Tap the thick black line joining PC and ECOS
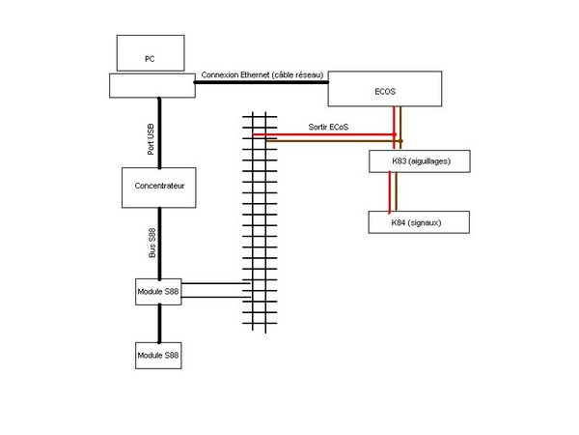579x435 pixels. pyautogui.click(x=261, y=83)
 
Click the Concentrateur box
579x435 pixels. pyautogui.click(x=158, y=187)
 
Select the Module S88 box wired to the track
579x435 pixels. pyautogui.click(x=158, y=291)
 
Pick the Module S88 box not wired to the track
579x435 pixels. pyautogui.click(x=158, y=355)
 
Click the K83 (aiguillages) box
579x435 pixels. pyautogui.click(x=419, y=160)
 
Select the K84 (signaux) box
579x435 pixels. pyautogui.click(x=418, y=221)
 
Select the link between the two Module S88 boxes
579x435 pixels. pyautogui.click(x=158, y=323)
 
